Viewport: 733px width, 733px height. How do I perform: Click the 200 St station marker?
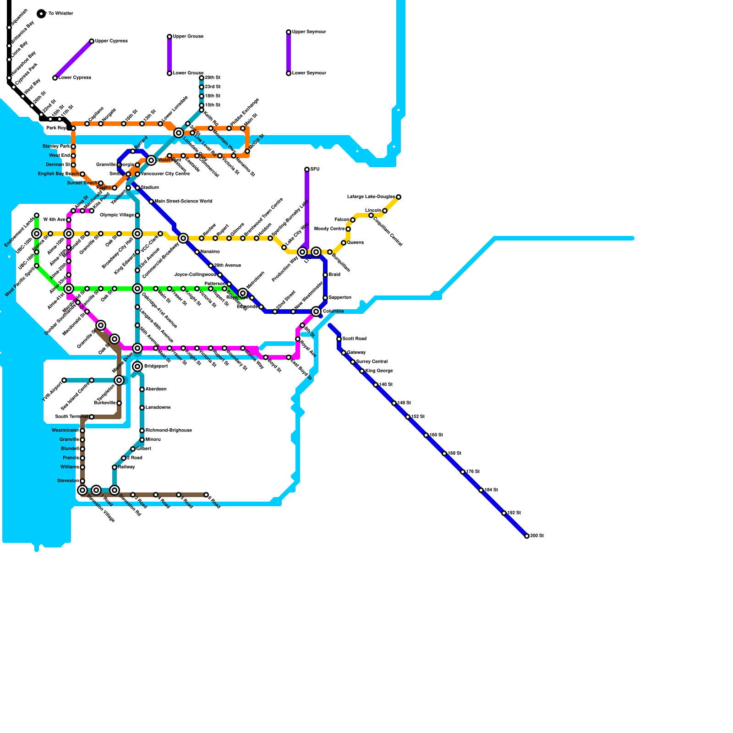[x=527, y=536]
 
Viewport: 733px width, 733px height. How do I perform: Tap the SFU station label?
[x=315, y=170]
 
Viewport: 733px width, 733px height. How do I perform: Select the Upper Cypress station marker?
[x=92, y=41]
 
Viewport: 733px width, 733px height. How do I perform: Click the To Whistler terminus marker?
[x=41, y=14]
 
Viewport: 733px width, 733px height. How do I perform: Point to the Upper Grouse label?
[x=188, y=37]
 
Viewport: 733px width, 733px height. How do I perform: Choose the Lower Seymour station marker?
[x=289, y=73]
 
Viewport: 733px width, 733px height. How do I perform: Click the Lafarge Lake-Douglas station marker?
[x=399, y=197]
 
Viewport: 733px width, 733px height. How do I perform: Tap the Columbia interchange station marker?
[x=316, y=312]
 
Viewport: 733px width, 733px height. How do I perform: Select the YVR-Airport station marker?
[x=64, y=380]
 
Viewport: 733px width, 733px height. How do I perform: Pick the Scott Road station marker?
[x=339, y=339]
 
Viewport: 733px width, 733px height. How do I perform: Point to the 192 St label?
[x=514, y=513]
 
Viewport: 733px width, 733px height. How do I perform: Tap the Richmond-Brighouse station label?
[x=169, y=431]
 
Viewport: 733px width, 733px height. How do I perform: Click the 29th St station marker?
[x=202, y=78]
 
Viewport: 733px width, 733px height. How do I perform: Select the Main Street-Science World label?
[x=183, y=202]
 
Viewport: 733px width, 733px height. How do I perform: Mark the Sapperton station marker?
[x=325, y=298]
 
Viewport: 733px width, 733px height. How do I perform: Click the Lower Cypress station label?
[x=75, y=78]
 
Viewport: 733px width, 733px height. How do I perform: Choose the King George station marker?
[x=362, y=371]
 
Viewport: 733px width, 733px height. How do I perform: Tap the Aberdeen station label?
[x=156, y=389]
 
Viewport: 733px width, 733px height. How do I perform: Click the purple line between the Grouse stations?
[x=170, y=55]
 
